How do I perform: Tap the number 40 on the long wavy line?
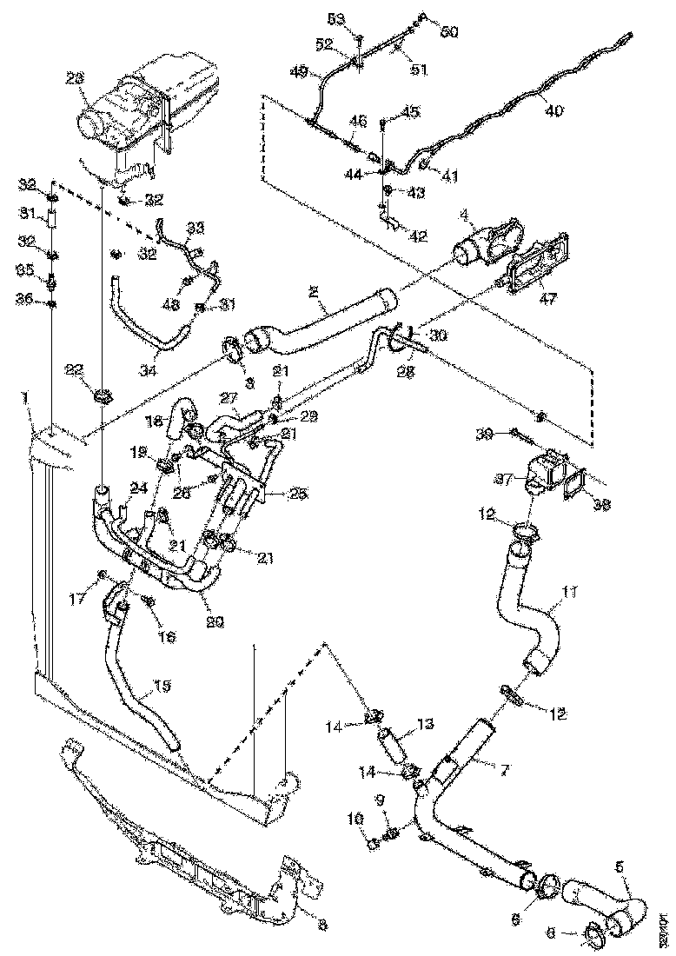coord(553,110)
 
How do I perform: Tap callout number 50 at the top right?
coord(448,31)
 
